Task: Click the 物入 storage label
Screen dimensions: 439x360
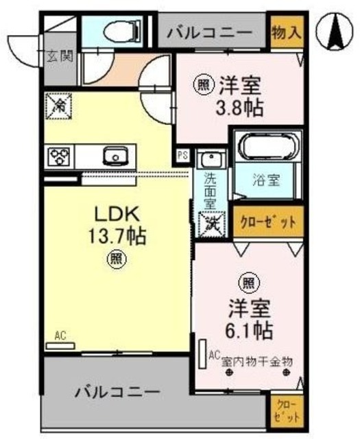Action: (285, 33)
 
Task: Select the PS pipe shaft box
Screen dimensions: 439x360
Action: (182, 155)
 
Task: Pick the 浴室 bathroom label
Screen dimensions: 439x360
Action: (267, 183)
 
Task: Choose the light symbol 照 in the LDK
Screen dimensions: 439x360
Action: (115, 260)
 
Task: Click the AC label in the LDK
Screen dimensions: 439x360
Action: (60, 335)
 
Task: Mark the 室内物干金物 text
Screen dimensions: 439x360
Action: (257, 359)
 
